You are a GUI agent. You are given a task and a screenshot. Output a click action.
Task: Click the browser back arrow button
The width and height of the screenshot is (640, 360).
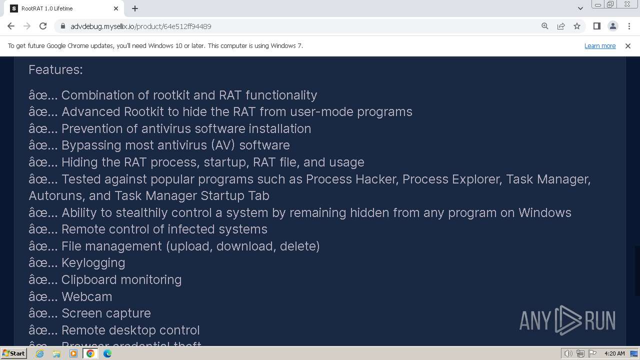[11, 26]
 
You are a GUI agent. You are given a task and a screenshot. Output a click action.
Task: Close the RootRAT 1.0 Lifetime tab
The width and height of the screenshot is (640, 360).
[116, 8]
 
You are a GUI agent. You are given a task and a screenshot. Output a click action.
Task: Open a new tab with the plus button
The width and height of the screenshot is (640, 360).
[135, 8]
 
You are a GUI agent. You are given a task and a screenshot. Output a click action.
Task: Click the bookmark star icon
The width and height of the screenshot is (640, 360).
[577, 26]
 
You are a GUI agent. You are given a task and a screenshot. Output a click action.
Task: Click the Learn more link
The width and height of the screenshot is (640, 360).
[599, 45]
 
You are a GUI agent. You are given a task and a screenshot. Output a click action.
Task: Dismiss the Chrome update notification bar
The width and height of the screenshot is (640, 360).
[627, 45]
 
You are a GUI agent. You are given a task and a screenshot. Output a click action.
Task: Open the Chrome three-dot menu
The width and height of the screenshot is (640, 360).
[629, 26]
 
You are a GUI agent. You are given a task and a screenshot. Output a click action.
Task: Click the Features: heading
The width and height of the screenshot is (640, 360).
[55, 69]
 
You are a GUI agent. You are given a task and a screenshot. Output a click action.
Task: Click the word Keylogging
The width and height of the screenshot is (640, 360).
[93, 262]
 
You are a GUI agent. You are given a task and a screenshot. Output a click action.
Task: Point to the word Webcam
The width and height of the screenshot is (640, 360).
[86, 296]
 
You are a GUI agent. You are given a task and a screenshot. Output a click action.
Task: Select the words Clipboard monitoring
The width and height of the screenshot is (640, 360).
[121, 279]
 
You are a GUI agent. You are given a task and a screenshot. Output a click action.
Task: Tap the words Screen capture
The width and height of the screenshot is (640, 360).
[106, 313]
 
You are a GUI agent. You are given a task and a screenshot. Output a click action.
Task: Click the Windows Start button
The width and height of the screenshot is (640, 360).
[13, 353]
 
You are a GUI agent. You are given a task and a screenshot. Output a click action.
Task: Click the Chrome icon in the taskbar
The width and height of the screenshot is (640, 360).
[90, 353]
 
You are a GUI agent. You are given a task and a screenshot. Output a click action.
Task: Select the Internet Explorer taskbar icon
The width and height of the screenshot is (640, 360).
[39, 353]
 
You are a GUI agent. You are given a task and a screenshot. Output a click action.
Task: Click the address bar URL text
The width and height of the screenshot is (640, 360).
[141, 26]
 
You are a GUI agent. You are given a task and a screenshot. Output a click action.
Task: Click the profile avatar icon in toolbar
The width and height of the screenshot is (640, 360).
[612, 26]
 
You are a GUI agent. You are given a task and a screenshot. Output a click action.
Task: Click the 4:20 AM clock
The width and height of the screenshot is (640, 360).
[614, 353]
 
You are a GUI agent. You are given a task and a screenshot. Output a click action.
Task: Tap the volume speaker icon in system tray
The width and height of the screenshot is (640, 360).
[568, 353]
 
